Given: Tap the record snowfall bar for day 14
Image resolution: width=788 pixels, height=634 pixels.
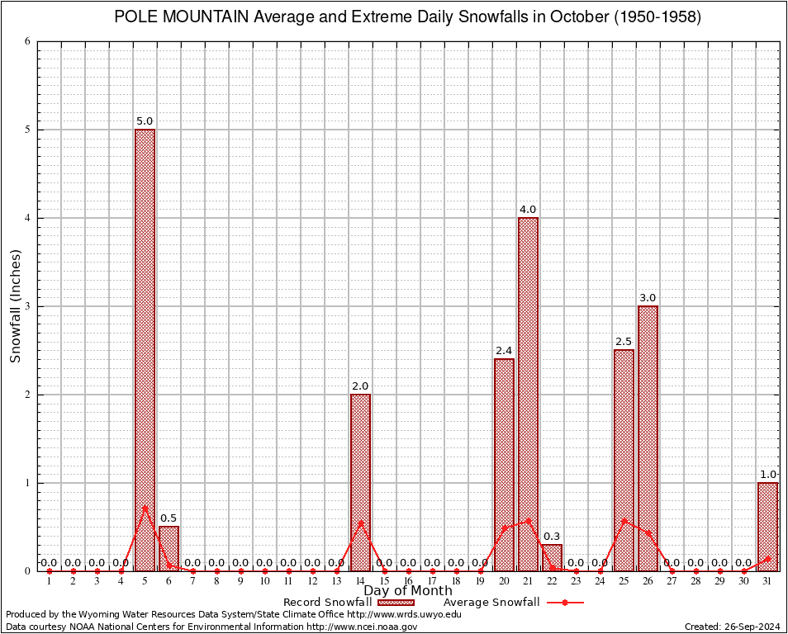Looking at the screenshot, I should tap(360, 482).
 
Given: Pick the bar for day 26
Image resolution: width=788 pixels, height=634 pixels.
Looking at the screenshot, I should tap(648, 438).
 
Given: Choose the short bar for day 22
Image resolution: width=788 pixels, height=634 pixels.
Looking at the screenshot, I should tap(552, 557).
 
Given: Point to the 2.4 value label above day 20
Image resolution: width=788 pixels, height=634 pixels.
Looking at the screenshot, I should tap(504, 351).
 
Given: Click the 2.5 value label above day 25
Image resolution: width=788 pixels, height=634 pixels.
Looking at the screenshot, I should tap(624, 342).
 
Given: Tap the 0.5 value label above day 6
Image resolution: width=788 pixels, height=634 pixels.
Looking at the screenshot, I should tap(169, 518).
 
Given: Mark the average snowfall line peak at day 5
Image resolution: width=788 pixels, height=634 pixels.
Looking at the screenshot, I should tap(145, 507).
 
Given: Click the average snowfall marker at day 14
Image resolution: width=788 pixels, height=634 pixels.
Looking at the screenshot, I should tap(360, 522).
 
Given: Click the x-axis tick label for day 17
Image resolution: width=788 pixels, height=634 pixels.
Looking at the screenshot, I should tap(432, 582).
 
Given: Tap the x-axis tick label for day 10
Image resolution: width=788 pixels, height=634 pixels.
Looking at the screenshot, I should tap(264, 582).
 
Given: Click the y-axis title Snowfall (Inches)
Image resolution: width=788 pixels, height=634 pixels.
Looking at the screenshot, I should tap(16, 306).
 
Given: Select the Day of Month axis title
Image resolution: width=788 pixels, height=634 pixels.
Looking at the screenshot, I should tap(408, 591).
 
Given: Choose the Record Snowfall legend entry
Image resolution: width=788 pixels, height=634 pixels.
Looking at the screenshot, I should tap(327, 603).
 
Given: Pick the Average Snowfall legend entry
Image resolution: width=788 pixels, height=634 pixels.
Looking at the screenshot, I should tap(491, 603).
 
